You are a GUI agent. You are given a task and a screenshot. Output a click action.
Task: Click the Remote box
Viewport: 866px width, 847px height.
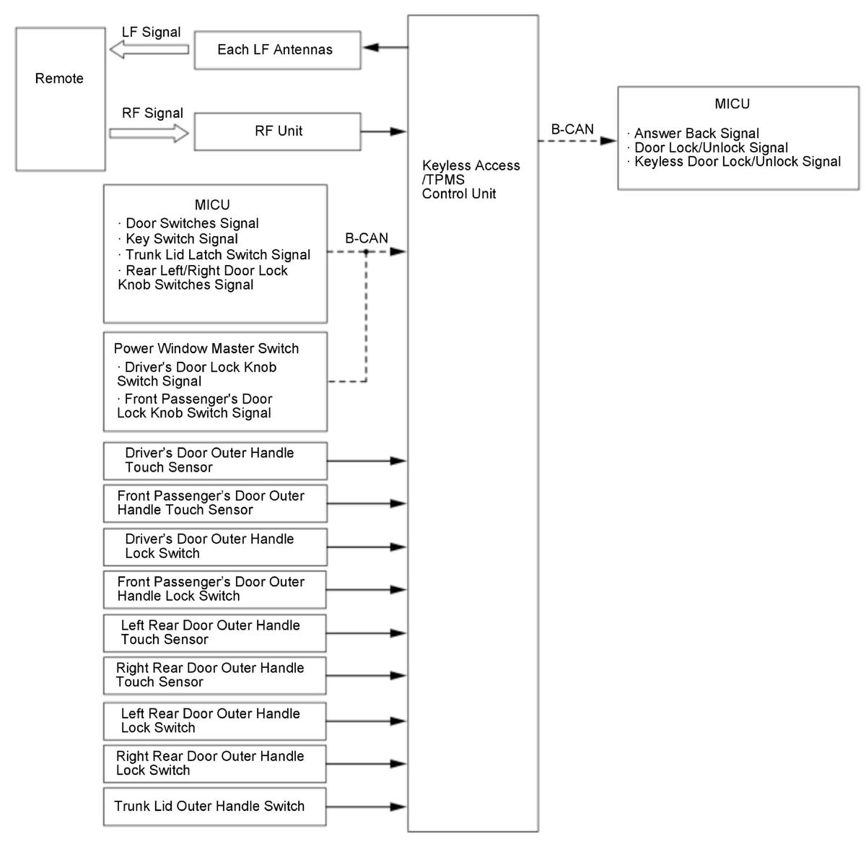60,99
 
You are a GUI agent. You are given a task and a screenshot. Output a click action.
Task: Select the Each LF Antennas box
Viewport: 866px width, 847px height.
277,50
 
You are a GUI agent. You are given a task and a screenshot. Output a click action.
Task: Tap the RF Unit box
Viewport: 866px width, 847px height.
277,131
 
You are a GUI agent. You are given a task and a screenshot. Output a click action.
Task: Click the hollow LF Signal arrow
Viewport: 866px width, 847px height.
149,50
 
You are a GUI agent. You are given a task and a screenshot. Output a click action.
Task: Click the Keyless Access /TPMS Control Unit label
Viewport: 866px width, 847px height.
471,179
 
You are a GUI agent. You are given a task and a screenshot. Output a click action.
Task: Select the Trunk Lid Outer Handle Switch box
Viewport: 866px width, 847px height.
214,807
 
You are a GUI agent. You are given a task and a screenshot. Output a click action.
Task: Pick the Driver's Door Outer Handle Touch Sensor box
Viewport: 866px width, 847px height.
214,461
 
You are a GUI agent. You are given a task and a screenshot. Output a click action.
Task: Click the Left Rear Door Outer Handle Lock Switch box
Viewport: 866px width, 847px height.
214,721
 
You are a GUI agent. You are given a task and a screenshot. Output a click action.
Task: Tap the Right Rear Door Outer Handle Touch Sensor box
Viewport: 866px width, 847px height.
214,675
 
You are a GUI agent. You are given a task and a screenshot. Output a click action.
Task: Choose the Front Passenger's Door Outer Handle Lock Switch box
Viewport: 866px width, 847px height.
214,589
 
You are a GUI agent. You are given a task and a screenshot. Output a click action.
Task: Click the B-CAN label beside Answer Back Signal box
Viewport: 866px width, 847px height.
572,129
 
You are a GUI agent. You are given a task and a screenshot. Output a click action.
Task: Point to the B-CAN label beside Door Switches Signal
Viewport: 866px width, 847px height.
366,238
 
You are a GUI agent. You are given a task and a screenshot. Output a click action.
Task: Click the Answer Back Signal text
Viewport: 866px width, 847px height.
696,134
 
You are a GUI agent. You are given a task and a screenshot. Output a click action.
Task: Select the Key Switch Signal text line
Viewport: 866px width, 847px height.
181,239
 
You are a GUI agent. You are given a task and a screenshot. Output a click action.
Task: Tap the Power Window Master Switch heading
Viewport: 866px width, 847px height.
206,349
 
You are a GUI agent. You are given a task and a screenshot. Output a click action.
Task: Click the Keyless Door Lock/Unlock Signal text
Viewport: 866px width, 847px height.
737,162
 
